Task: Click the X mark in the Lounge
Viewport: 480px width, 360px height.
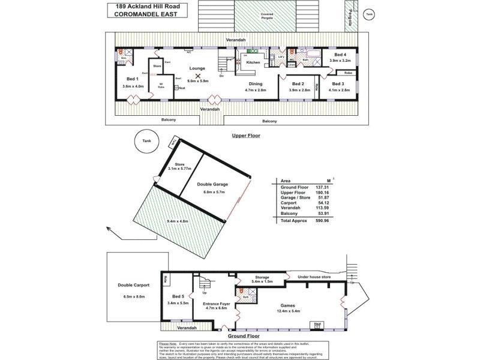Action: point(198,76)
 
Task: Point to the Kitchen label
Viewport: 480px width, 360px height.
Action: point(253,62)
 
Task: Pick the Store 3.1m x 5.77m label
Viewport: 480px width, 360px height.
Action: point(179,167)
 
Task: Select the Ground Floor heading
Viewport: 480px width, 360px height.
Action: point(245,337)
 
